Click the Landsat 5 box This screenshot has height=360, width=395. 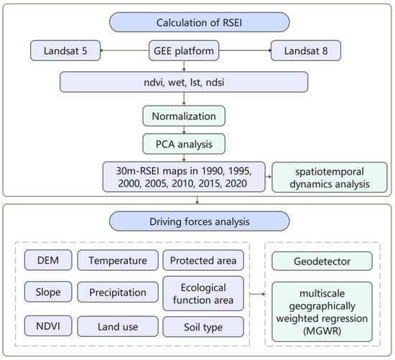pyautogui.click(x=65, y=51)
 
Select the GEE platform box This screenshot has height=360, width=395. pyautogui.click(x=184, y=51)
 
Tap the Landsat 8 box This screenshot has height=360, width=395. pyautogui.click(x=306, y=51)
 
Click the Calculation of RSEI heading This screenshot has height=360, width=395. pyautogui.click(x=199, y=22)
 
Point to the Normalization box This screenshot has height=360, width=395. pyautogui.click(x=184, y=116)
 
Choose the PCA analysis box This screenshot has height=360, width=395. pyautogui.click(x=184, y=144)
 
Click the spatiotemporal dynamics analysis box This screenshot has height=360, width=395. pyautogui.click(x=330, y=177)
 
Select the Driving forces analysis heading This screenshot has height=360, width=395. pyautogui.click(x=199, y=221)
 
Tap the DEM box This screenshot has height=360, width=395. pyautogui.click(x=48, y=260)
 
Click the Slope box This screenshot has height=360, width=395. pyautogui.click(x=48, y=292)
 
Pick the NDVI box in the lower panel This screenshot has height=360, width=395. pyautogui.click(x=48, y=326)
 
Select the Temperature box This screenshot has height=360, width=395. pyautogui.click(x=118, y=260)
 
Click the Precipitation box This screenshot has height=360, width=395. pyautogui.click(x=118, y=292)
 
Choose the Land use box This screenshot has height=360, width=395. pyautogui.click(x=118, y=327)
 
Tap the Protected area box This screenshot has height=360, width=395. pyautogui.click(x=203, y=260)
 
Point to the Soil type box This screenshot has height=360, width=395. pyautogui.click(x=203, y=327)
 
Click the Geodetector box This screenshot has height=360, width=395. pyautogui.click(x=322, y=261)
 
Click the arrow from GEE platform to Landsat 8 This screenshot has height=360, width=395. pyautogui.click(x=245, y=50)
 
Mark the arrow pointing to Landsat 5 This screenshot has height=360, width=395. pyautogui.click(x=125, y=50)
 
